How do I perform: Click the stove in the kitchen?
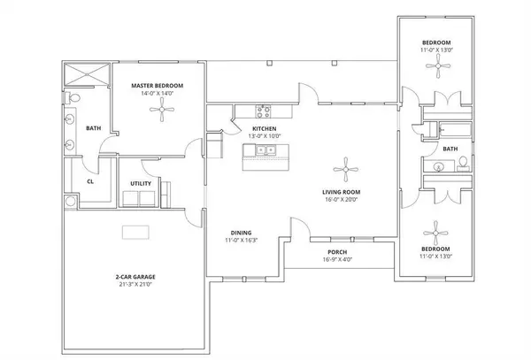tap(263, 111)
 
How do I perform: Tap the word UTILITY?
tap(140, 183)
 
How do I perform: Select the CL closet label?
tap(90, 182)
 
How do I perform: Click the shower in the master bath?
tap(87, 74)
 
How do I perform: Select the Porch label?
tap(335, 250)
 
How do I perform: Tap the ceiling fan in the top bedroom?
tap(438, 73)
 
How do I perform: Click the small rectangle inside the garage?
tap(135, 232)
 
